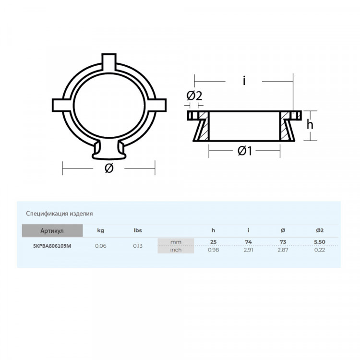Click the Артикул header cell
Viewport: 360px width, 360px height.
click(x=52, y=230)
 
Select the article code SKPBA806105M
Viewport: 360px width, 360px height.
click(x=52, y=246)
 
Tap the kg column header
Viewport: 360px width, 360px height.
click(x=101, y=230)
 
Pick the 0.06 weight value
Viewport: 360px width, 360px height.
click(x=101, y=246)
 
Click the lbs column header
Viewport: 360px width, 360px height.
click(x=138, y=230)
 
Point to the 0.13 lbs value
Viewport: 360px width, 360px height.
click(x=138, y=246)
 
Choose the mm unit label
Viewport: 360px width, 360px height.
click(x=176, y=242)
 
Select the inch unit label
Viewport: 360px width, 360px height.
click(x=176, y=250)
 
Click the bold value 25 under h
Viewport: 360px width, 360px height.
click(x=213, y=242)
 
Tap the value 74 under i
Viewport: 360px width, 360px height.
click(x=249, y=242)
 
